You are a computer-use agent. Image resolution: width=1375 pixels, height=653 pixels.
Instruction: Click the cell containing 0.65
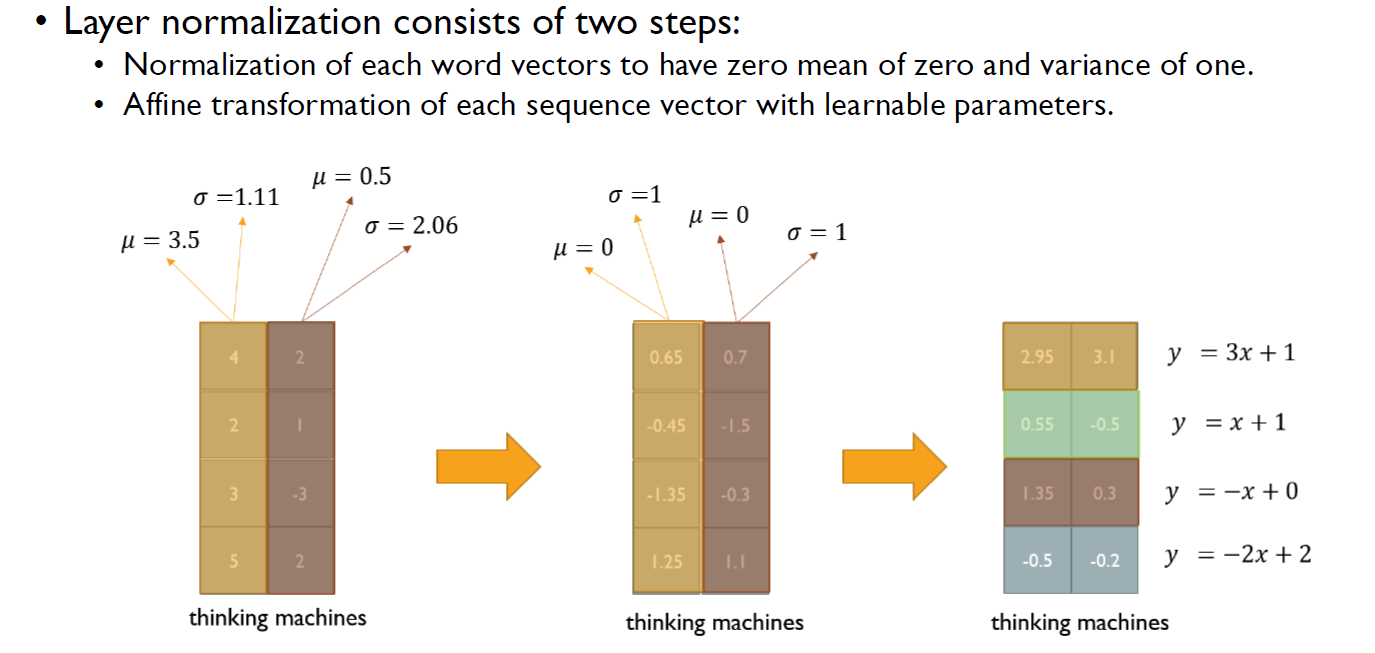[667, 357]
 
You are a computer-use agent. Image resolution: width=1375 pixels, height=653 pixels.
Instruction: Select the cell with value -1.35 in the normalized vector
[667, 494]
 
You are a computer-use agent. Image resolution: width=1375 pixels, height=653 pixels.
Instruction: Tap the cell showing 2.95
[1037, 356]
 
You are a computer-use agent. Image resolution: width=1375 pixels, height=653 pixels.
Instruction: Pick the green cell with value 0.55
[1037, 424]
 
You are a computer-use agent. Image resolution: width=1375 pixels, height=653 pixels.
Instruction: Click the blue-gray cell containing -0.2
[1105, 561]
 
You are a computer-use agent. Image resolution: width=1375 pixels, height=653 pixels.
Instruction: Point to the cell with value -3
[300, 493]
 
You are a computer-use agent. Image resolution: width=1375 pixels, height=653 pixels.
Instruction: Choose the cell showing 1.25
[667, 562]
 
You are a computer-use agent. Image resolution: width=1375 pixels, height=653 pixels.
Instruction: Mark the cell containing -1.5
[735, 425]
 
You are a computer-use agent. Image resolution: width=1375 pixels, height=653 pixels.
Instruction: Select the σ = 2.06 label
[411, 226]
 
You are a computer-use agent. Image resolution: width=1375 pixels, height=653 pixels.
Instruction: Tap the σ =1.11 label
[235, 197]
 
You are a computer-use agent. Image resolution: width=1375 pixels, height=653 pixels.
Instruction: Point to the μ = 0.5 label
[352, 178]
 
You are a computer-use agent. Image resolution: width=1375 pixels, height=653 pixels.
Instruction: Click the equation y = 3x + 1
[1231, 353]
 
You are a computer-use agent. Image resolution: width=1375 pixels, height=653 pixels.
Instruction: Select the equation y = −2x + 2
[1238, 555]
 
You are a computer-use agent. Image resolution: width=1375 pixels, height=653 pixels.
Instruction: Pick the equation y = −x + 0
[1232, 491]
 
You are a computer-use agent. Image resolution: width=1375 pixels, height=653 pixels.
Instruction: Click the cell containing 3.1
[1105, 356]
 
